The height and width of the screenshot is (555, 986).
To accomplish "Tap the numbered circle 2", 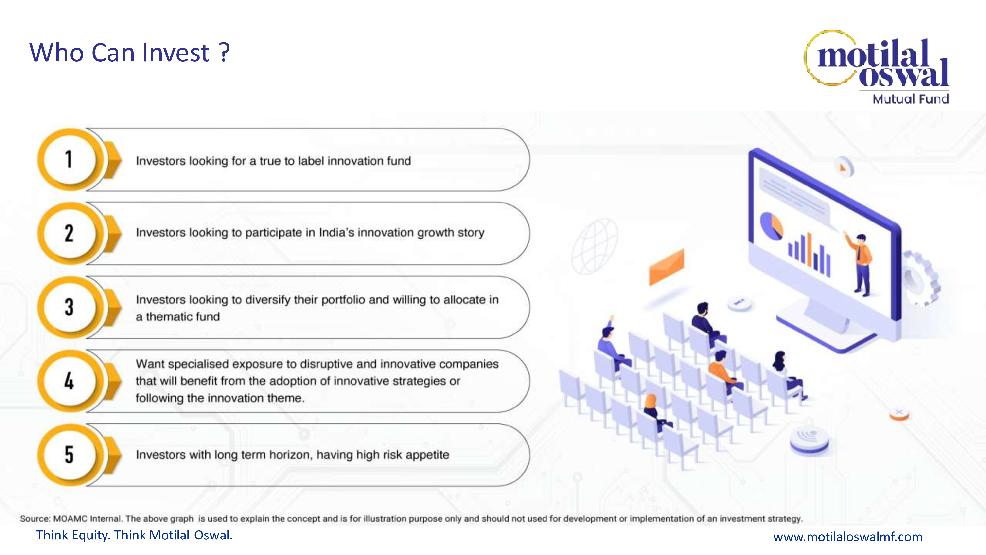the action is click(69, 233).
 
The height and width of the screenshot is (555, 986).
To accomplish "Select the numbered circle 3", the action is click(69, 307).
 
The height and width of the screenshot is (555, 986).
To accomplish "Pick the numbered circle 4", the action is click(69, 381).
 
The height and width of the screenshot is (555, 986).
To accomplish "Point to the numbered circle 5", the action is click(69, 455).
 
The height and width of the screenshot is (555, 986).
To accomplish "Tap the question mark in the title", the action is click(225, 53).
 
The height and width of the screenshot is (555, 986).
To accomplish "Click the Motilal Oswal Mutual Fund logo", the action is click(877, 67).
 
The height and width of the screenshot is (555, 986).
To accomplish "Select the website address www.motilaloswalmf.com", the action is click(848, 536).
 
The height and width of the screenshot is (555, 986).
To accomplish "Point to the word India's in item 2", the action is click(336, 233).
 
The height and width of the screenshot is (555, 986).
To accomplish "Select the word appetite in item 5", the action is click(427, 455).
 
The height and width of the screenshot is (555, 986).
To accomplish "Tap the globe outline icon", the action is click(594, 246).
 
